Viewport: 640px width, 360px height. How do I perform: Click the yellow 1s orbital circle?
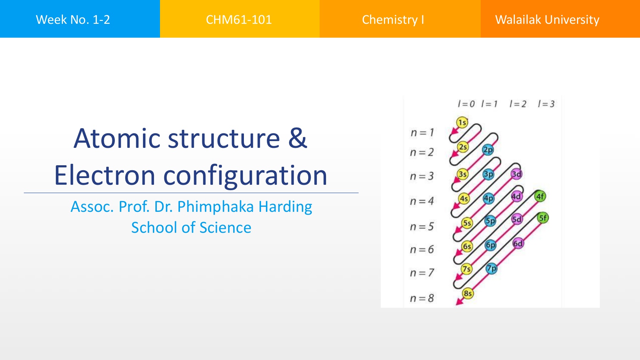[x=462, y=123]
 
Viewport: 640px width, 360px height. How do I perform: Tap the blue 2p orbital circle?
[x=488, y=150]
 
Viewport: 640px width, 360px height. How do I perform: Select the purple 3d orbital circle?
[x=516, y=174]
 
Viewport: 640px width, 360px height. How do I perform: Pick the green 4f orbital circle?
[x=540, y=196]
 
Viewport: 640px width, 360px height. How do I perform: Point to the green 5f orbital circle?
[x=543, y=218]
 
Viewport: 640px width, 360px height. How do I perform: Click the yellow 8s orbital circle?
[x=468, y=293]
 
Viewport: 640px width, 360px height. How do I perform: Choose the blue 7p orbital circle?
[x=491, y=268]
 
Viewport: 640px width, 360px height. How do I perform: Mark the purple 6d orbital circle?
[x=518, y=243]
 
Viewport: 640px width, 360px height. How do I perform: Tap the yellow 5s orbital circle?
[x=467, y=223]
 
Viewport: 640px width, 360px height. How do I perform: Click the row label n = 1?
[x=422, y=133]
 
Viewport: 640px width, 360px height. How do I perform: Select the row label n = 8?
[x=422, y=298]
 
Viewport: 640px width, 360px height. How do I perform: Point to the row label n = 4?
[x=422, y=201]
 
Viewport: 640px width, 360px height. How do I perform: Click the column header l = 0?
[x=466, y=104]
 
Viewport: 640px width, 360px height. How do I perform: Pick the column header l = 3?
[x=546, y=104]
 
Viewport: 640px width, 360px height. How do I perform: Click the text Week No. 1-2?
[x=73, y=20]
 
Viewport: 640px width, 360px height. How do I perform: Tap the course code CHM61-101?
[x=239, y=20]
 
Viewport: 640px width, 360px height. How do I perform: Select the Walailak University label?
[x=547, y=20]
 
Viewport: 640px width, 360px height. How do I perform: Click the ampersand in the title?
[x=298, y=138]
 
